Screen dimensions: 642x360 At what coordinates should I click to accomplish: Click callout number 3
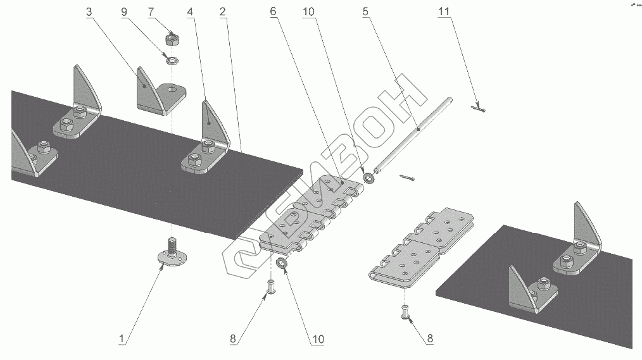pyautogui.click(x=88, y=12)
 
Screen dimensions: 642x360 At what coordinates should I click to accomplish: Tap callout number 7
pyautogui.click(x=150, y=12)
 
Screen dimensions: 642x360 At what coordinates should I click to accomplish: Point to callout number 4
pyautogui.click(x=191, y=12)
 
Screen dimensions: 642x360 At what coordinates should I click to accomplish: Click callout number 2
pyautogui.click(x=222, y=12)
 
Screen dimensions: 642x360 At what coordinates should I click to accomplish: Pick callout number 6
pyautogui.click(x=273, y=12)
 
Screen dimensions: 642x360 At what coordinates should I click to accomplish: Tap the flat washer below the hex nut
pyautogui.click(x=171, y=61)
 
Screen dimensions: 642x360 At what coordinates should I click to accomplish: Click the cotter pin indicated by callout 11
pyautogui.click(x=479, y=110)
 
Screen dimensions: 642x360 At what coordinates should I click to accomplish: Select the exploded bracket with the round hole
pyautogui.click(x=160, y=97)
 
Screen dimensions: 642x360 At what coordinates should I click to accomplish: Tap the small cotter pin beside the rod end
pyautogui.click(x=406, y=178)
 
